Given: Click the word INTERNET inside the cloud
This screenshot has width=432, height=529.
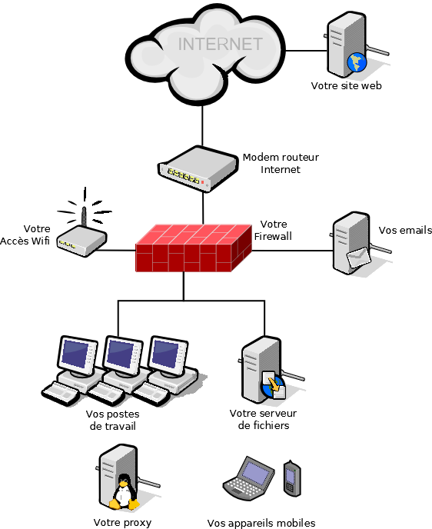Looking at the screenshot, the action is pyautogui.click(x=220, y=44).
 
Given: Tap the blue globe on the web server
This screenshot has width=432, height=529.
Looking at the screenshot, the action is pyautogui.click(x=357, y=62).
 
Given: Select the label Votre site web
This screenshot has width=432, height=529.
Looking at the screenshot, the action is pyautogui.click(x=347, y=85).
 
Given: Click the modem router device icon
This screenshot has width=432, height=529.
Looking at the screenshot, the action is pyautogui.click(x=198, y=168).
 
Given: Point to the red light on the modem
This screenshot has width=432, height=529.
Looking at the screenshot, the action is pyautogui.click(x=203, y=182).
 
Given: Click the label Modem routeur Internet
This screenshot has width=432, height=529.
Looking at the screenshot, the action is pyautogui.click(x=281, y=163).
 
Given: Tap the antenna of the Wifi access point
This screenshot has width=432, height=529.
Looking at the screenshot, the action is pyautogui.click(x=84, y=216).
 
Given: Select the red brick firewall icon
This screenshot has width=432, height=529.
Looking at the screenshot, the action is pyautogui.click(x=194, y=248).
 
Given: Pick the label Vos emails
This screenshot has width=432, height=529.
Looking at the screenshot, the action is pyautogui.click(x=405, y=231).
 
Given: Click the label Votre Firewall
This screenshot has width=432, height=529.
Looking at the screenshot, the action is pyautogui.click(x=273, y=230).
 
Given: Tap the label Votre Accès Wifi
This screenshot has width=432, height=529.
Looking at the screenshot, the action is pyautogui.click(x=25, y=235).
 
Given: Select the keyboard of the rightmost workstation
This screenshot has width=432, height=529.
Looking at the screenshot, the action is pyautogui.click(x=151, y=394).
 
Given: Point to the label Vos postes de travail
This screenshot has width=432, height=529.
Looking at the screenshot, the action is pyautogui.click(x=113, y=420).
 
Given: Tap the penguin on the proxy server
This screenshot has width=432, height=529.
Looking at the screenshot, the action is pyautogui.click(x=125, y=492).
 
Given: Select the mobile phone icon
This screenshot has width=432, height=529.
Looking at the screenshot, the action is pyautogui.click(x=292, y=478).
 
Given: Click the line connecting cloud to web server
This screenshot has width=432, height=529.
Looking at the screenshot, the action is pyautogui.click(x=306, y=51).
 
